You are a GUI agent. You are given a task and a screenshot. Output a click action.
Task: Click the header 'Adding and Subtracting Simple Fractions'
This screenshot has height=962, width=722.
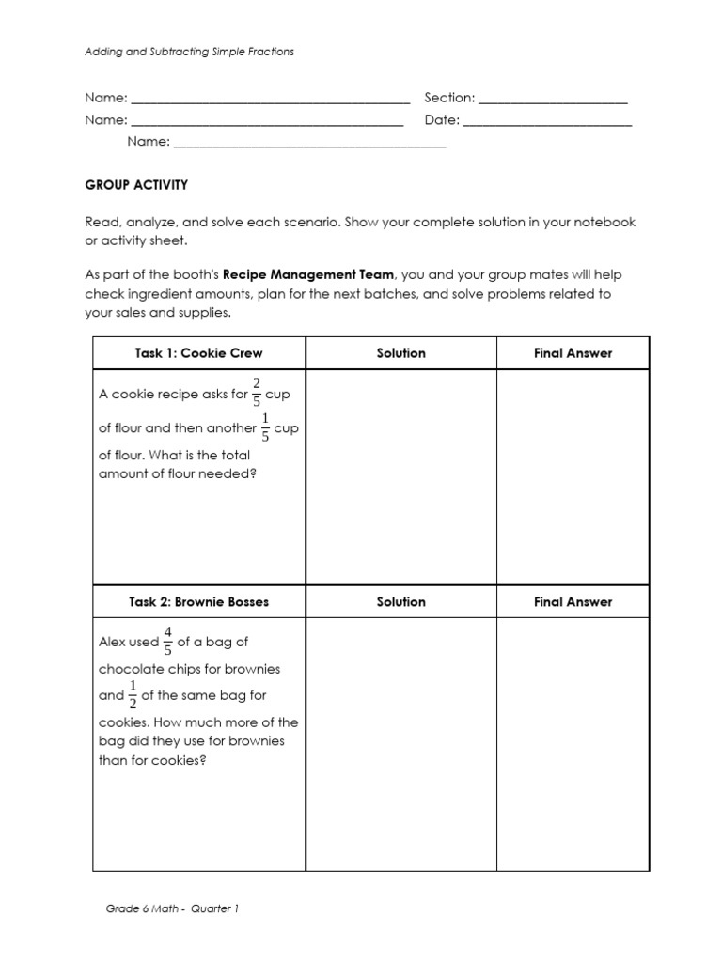(189, 52)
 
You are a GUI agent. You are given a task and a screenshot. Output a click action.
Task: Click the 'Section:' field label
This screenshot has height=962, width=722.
(449, 98)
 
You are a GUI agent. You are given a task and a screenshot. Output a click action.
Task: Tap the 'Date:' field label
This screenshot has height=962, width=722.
(442, 120)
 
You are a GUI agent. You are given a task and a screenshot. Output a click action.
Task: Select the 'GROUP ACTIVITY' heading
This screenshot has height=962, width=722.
(136, 185)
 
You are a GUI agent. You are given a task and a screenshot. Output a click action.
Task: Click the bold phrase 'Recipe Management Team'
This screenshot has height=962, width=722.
(308, 275)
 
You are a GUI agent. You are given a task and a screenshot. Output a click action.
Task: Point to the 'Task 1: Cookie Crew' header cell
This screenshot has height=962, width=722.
(198, 353)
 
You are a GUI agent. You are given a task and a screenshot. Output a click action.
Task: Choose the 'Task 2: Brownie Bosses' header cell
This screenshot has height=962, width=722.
(198, 601)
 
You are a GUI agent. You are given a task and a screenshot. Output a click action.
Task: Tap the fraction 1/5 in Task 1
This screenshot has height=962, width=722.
(265, 427)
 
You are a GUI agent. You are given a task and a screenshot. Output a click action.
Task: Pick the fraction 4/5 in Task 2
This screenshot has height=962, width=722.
(168, 643)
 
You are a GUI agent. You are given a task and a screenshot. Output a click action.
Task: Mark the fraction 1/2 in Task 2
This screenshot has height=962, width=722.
(133, 695)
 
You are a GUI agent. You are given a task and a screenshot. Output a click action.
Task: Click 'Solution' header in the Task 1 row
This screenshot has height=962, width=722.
(400, 353)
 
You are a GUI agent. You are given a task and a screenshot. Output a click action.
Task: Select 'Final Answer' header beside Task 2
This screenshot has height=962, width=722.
(573, 601)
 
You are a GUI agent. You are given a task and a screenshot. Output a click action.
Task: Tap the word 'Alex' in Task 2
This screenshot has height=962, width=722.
(113, 644)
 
